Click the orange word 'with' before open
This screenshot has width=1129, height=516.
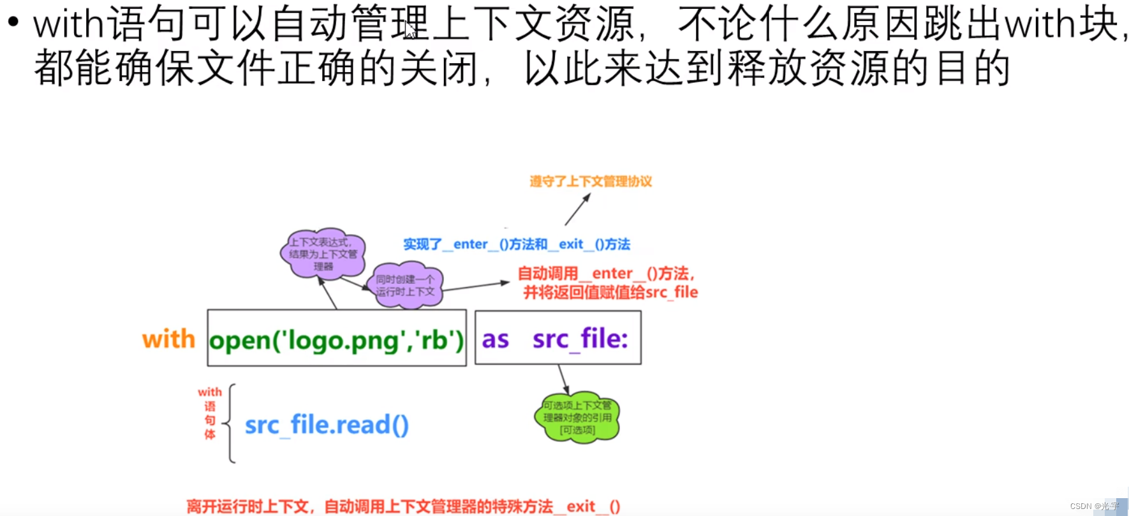tap(168, 339)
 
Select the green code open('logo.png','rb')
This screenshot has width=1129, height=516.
tap(336, 339)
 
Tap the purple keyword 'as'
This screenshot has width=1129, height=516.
tap(495, 339)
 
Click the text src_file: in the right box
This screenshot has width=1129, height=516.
tap(580, 339)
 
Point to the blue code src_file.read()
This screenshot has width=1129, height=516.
tap(327, 425)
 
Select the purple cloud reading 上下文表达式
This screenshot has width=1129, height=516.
tap(323, 253)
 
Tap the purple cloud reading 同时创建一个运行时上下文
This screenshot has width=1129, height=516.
tap(405, 286)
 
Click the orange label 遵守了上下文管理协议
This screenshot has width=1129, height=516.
tap(591, 182)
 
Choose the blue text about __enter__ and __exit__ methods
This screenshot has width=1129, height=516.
tap(517, 244)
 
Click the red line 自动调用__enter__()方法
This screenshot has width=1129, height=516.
tap(605, 274)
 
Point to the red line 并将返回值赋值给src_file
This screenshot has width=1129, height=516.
tap(610, 293)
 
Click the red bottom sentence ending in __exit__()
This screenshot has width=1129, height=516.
tap(403, 506)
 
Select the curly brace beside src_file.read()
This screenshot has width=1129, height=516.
tap(230, 423)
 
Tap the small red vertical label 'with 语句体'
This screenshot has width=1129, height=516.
tap(210, 413)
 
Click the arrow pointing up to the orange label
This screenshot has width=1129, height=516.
tap(577, 210)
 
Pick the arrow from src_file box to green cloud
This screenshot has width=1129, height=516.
tap(563, 380)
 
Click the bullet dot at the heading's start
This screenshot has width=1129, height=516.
tap(13, 22)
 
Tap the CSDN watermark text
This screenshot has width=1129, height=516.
tap(1094, 506)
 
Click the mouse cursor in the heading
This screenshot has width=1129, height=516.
tap(410, 29)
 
